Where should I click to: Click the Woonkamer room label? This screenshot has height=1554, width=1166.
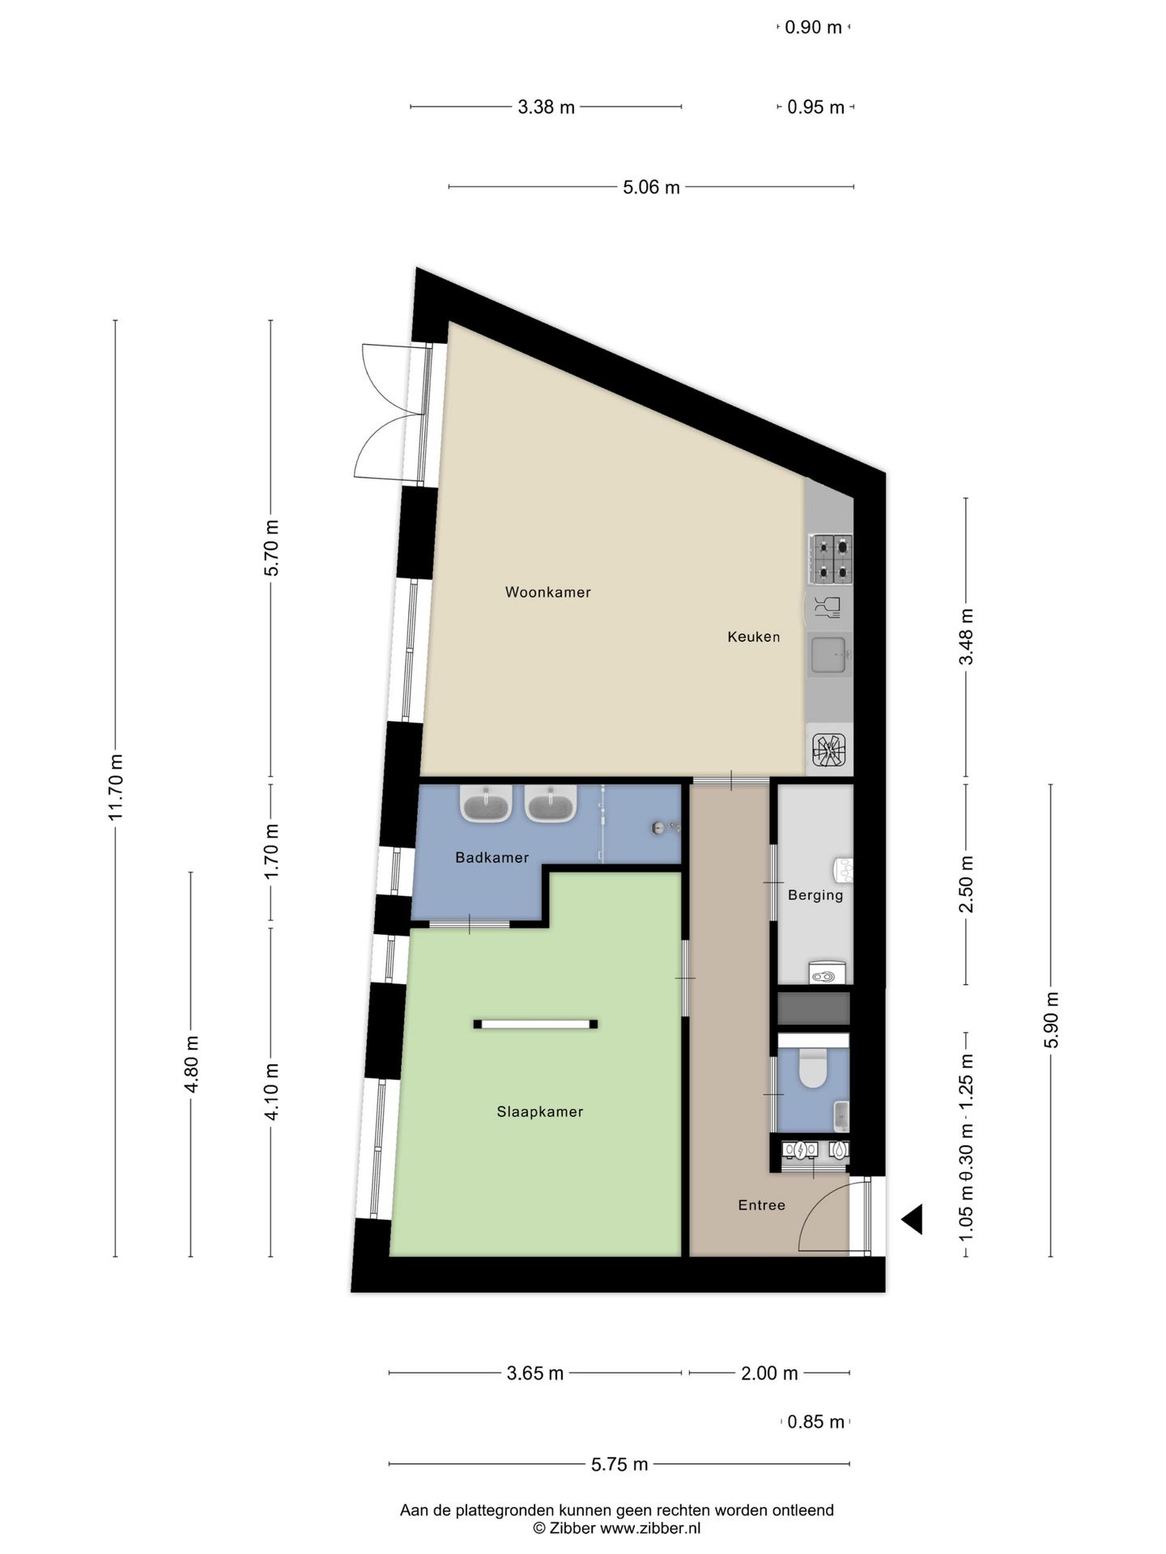547,592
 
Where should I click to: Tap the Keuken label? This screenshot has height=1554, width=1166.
753,637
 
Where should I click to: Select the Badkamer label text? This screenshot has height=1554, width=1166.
492,857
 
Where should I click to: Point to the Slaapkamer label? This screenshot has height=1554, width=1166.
539,1112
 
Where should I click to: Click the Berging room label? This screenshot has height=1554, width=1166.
815,895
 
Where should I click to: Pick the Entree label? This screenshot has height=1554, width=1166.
761,1205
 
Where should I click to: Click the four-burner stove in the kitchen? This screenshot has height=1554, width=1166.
830,558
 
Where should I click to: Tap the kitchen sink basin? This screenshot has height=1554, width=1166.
828,655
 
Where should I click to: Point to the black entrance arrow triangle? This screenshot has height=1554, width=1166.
913,1219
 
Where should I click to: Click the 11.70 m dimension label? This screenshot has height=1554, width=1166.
116,787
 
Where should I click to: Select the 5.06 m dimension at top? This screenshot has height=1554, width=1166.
651,188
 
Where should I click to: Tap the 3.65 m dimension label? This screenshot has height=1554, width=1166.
535,1374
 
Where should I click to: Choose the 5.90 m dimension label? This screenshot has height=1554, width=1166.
1051,1020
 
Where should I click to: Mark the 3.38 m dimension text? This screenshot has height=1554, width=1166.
546,107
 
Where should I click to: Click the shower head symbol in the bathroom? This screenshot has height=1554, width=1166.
661,827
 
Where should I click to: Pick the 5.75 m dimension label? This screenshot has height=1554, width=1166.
619,1464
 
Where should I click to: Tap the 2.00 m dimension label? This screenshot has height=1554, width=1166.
769,1374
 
